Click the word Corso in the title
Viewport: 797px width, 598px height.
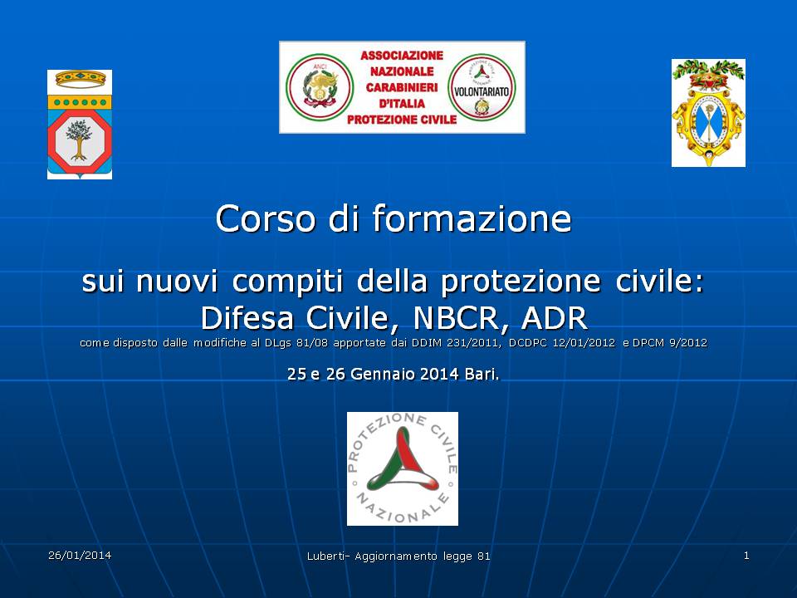[x=264, y=218]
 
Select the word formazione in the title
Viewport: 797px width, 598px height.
[x=472, y=218]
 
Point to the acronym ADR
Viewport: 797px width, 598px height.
[x=555, y=318]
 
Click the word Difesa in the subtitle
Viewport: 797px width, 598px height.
[x=247, y=318]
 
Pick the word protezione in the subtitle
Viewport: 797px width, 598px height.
[x=521, y=282]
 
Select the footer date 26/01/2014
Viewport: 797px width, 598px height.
[x=80, y=556]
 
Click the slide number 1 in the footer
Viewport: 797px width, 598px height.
[x=746, y=556]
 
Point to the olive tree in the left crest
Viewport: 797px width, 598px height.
[x=79, y=140]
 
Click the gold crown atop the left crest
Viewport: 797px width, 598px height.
[x=81, y=79]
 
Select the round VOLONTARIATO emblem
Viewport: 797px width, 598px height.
[x=482, y=88]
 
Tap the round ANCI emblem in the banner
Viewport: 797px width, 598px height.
[x=320, y=87]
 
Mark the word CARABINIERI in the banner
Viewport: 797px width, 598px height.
[x=402, y=87]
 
